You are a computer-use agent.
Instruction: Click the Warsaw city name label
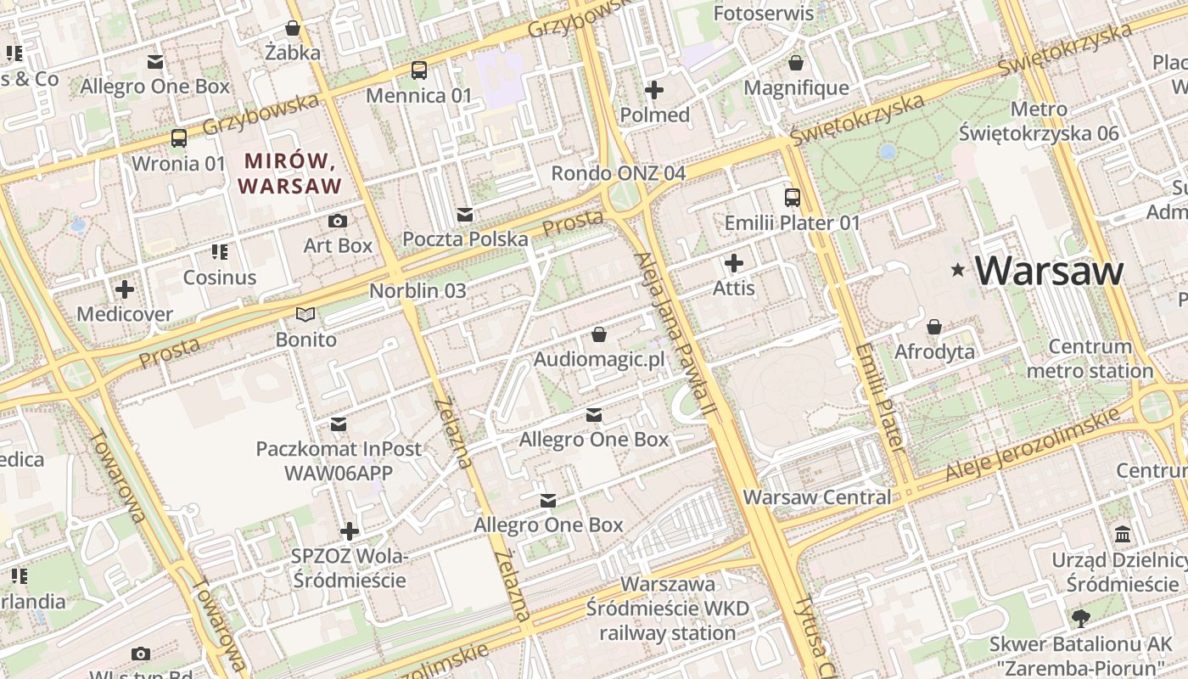[1049, 271]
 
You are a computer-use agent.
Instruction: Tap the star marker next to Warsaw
[958, 271]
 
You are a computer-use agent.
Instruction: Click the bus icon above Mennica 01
[418, 70]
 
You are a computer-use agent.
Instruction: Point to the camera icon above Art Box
[338, 222]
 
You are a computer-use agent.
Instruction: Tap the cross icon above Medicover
[125, 289]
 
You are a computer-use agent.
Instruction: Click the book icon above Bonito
[305, 315]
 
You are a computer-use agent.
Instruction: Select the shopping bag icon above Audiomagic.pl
[599, 334]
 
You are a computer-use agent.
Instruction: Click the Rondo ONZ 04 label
[618, 173]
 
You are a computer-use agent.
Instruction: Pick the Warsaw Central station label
[817, 497]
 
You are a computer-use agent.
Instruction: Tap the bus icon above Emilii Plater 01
[792, 198]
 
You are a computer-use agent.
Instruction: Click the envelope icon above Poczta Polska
[465, 214]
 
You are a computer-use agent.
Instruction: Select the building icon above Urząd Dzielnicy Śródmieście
[1124, 535]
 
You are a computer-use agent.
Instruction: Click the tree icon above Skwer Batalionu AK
[1080, 618]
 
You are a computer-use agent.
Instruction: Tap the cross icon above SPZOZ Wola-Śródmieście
[349, 531]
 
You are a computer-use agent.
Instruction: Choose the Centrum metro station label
[1090, 359]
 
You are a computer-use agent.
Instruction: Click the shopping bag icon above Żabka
[293, 28]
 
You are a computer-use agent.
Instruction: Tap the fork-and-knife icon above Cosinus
[220, 252]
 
